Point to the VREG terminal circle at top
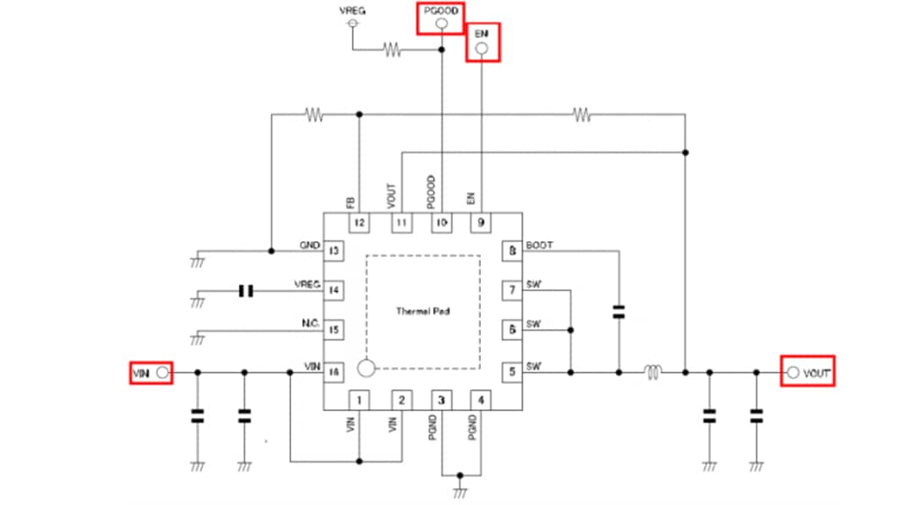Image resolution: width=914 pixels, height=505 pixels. (x=352, y=24)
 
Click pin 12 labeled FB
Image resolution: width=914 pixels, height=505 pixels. (x=360, y=223)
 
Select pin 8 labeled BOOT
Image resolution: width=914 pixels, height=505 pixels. (x=512, y=251)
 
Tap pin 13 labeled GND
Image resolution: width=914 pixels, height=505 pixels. (x=333, y=251)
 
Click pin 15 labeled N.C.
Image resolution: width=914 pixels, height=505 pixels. (x=333, y=330)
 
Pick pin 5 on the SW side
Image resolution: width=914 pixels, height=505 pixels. (x=512, y=371)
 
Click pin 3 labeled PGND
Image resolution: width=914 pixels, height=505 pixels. (x=442, y=399)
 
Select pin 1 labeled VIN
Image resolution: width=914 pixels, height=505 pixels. (x=360, y=399)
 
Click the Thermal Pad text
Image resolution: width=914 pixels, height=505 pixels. (x=422, y=311)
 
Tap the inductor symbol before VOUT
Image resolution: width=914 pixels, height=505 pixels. (x=652, y=371)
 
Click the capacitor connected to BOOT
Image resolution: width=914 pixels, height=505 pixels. (x=619, y=312)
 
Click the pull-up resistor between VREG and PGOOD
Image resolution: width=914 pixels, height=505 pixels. (x=392, y=50)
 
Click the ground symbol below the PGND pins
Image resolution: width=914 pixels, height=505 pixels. (x=460, y=490)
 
